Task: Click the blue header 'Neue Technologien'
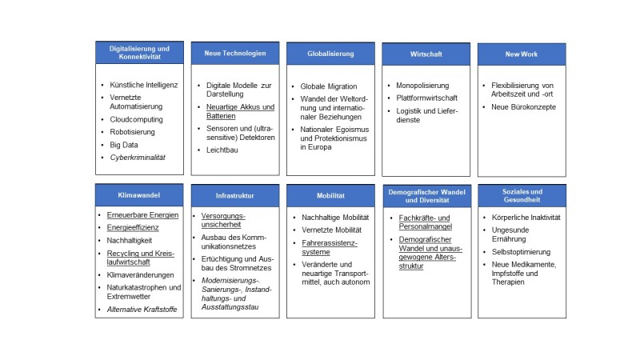[x=235, y=53]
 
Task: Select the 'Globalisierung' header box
[x=330, y=54]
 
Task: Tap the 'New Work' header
[x=522, y=54]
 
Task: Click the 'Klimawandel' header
[x=139, y=195]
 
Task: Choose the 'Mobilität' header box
[x=330, y=195]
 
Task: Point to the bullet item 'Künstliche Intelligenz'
[x=144, y=85]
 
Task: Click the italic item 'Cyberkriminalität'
[x=138, y=158]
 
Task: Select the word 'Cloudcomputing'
[x=136, y=119]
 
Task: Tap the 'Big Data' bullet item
[x=124, y=145]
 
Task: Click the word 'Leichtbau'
[x=222, y=150]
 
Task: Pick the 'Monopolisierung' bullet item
[x=422, y=86]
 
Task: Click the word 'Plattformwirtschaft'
[x=426, y=98]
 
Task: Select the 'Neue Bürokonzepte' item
[x=524, y=107]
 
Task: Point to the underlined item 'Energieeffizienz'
[x=133, y=227]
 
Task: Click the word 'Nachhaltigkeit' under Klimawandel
[x=130, y=241]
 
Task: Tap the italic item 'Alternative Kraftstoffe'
[x=142, y=310]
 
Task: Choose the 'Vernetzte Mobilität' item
[x=331, y=230]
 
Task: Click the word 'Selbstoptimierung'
[x=521, y=252]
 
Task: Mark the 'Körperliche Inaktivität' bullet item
[x=526, y=218]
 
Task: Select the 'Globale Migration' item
[x=329, y=86]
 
